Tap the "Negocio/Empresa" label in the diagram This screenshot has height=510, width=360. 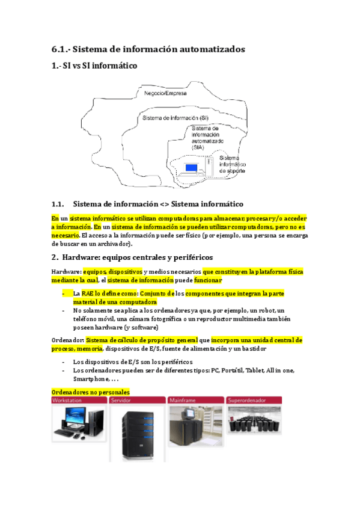tap(165, 94)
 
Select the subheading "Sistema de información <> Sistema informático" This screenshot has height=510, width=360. tap(157, 204)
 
